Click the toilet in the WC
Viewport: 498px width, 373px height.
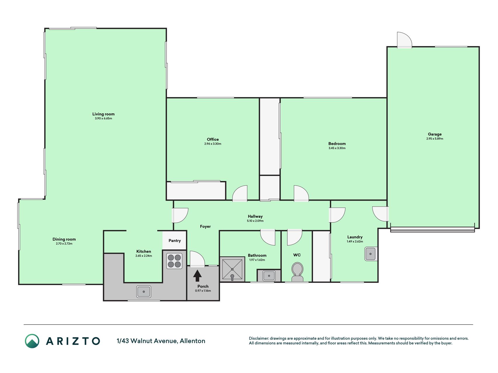(x=297, y=272)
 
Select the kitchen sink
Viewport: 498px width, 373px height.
(x=144, y=291)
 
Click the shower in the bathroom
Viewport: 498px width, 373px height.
(x=232, y=269)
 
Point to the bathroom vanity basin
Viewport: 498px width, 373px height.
(x=269, y=275)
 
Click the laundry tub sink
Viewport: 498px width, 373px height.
(x=371, y=254)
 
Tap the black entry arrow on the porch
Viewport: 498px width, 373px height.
(x=198, y=275)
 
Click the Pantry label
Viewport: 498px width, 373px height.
(x=175, y=240)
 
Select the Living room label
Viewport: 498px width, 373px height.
(x=104, y=114)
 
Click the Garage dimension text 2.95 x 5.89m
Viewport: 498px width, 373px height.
(x=435, y=139)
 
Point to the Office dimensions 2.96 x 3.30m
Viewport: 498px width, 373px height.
(x=213, y=144)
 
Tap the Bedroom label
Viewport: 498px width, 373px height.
(x=337, y=143)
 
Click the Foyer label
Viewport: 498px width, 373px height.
(x=205, y=226)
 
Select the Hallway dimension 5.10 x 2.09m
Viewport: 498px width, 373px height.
(x=255, y=221)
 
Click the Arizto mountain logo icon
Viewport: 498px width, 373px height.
(x=32, y=341)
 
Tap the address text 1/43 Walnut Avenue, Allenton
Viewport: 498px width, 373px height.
(x=161, y=341)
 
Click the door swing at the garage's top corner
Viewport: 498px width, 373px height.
(x=404, y=40)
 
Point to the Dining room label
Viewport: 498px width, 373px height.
(x=64, y=239)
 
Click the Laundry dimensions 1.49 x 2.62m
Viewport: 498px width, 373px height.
(x=355, y=242)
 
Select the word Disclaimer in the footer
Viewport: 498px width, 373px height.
(x=258, y=338)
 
